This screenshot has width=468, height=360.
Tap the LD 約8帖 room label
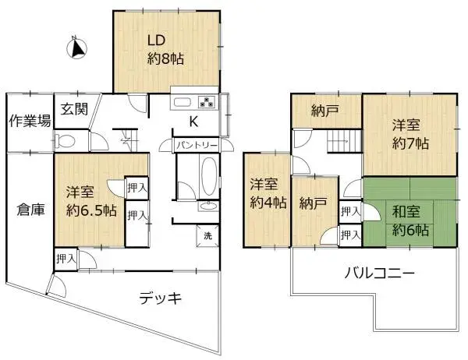pos(166,49)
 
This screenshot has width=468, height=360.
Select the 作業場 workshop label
pos(30,121)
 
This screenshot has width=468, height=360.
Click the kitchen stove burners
pos(207,101)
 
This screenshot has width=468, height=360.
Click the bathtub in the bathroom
pos(208,178)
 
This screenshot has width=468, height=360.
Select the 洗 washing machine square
pos(207,236)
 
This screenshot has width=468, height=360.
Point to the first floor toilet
pos(69,142)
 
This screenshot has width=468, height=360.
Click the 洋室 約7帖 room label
pos(410,134)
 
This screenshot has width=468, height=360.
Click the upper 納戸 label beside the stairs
pos(324,111)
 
